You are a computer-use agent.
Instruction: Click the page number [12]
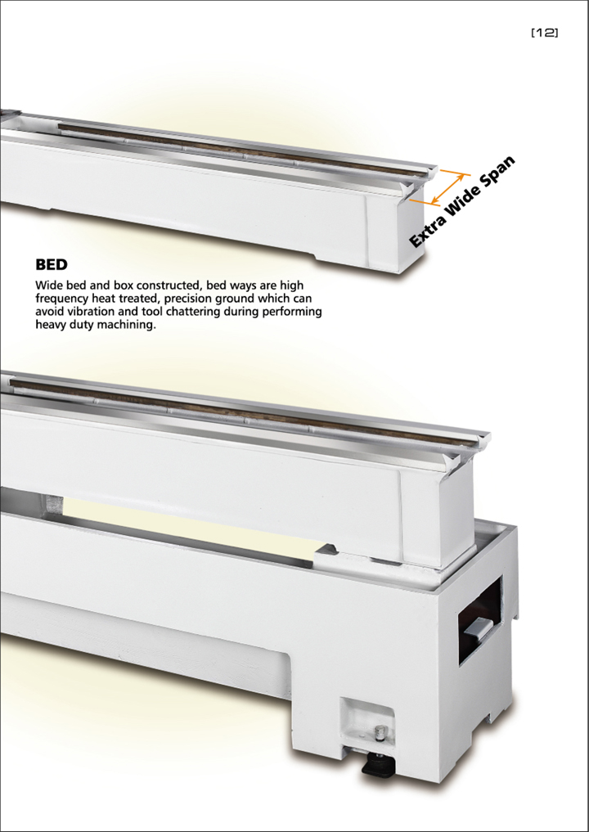pos(545,33)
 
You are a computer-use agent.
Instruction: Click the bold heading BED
pos(52,264)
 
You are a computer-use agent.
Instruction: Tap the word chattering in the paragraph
pos(194,312)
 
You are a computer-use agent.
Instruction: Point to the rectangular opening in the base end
pos(480,620)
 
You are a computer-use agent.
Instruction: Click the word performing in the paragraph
pos(294,312)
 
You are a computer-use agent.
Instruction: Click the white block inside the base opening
pos(479,627)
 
